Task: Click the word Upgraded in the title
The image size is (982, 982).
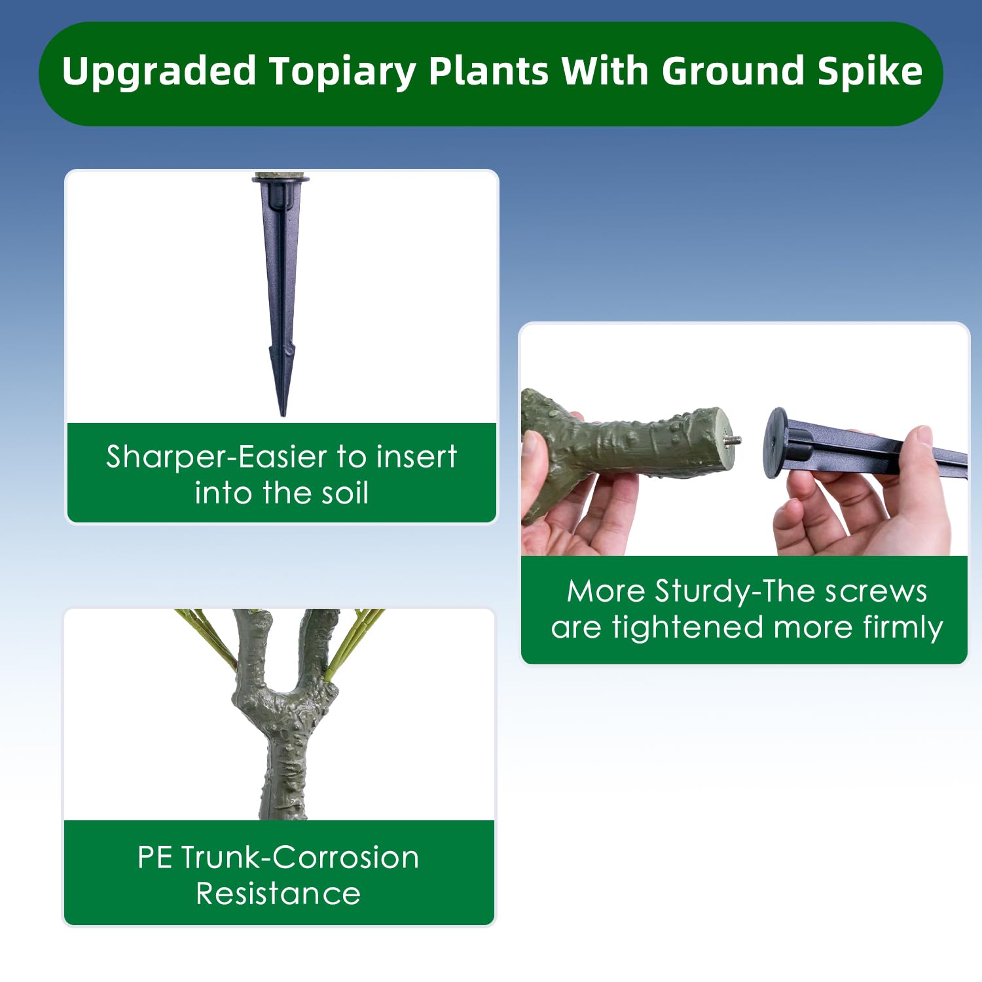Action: click(159, 72)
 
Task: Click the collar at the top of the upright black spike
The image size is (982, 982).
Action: click(280, 178)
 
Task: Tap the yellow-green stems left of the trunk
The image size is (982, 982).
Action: click(206, 639)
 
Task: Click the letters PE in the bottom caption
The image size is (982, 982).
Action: click(155, 858)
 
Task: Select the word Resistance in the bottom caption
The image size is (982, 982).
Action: click(278, 894)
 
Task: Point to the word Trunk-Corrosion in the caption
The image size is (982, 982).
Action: click(300, 857)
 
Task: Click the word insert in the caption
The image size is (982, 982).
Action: click(417, 456)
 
